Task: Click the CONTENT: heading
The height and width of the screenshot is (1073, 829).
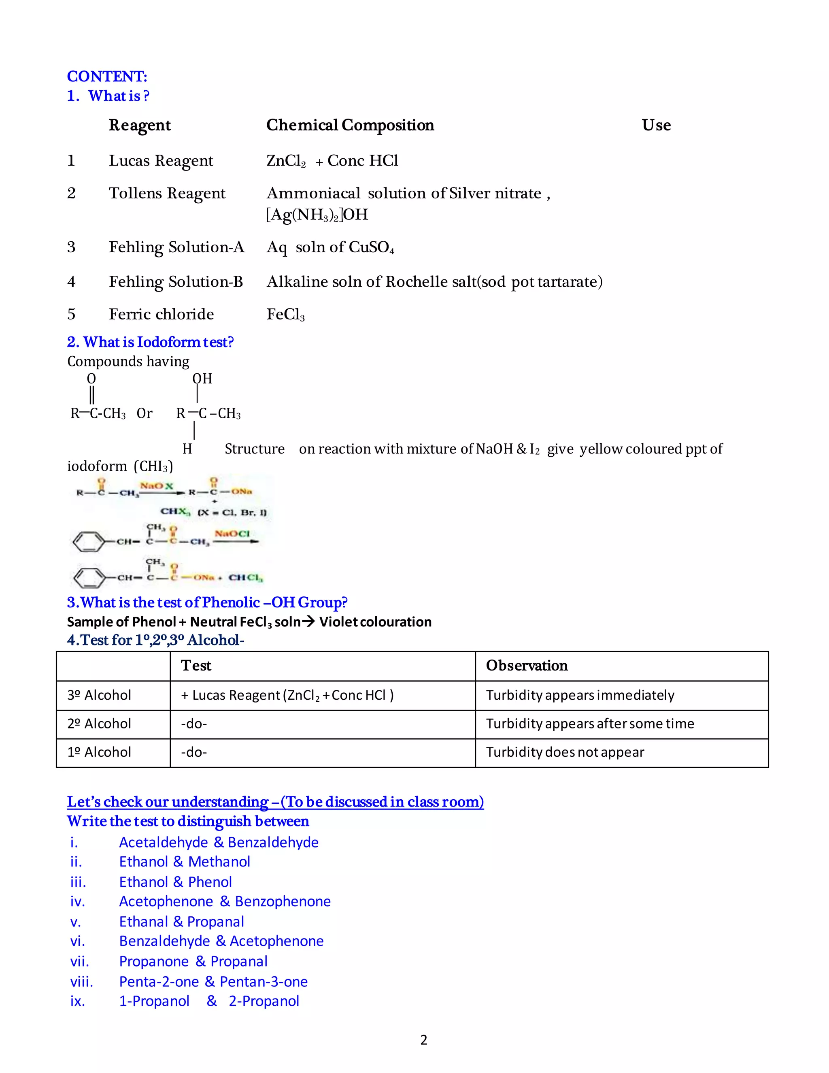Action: (107, 76)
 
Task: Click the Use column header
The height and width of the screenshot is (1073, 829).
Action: (656, 125)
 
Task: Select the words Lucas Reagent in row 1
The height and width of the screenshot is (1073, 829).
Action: (161, 161)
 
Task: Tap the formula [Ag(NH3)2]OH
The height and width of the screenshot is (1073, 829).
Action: (317, 215)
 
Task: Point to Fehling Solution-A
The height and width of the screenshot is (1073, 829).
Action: (176, 247)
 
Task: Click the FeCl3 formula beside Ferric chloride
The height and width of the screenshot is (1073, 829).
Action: (285, 315)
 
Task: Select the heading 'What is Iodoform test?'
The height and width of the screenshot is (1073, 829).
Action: (150, 342)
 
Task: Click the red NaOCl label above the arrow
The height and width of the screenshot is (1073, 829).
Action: (232, 534)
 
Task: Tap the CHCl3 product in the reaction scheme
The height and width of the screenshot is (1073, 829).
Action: (246, 577)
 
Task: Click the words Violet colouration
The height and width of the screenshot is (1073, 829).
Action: (375, 622)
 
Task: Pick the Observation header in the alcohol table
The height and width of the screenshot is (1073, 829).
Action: (527, 666)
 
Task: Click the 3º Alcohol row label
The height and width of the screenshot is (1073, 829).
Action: (99, 695)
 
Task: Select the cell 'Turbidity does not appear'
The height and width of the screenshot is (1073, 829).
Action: (565, 752)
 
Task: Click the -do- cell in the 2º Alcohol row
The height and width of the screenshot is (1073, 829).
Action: (194, 724)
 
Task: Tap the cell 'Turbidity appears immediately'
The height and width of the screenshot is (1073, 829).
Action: (580, 695)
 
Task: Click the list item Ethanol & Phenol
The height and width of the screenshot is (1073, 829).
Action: (175, 882)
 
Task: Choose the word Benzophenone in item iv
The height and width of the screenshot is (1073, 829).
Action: (283, 902)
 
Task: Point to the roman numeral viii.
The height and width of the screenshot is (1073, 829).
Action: (81, 981)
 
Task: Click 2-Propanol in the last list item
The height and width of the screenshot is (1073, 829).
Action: (264, 1001)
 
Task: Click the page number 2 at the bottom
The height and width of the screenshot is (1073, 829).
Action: (424, 1040)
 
